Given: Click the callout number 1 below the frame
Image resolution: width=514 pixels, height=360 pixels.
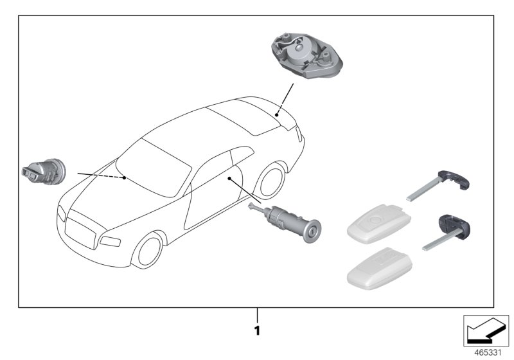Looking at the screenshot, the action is coord(257,330).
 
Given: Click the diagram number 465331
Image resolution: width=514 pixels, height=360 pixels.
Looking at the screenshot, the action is coord(488,353).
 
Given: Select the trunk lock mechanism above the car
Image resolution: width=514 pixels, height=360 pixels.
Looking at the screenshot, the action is coord(306,56).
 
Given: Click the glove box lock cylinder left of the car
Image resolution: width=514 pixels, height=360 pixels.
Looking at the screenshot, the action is coord(44,172).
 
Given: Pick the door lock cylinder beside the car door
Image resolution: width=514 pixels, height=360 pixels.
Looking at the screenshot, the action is coord(284,222).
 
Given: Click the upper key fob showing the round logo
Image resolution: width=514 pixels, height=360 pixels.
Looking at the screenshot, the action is coord(379,224).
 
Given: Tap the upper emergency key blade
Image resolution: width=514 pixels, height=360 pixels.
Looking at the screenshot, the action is coord(438,185).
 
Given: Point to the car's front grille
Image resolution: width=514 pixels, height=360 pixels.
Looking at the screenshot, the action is coord(81,230).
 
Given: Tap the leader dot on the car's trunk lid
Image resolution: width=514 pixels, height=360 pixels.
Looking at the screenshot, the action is coord(277,115).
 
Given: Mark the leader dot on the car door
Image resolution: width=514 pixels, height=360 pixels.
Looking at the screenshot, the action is coord(229,178).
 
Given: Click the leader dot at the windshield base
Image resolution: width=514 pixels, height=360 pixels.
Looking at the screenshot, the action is coord(124,178).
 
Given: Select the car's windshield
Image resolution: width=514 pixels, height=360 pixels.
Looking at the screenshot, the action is coord(154,168).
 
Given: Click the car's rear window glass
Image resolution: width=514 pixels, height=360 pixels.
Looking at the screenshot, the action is coord(244,118).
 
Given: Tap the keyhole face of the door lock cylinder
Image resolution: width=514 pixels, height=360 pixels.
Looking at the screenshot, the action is coord(312,231).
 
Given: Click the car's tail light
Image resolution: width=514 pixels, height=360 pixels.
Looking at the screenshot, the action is coord(299,134).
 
